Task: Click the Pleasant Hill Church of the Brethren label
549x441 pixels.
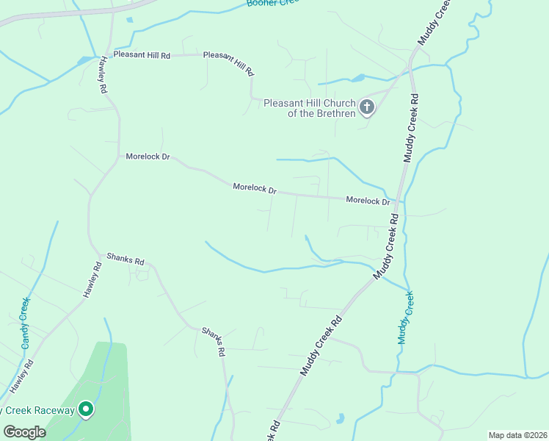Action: point(309,108)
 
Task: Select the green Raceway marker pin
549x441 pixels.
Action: point(86,409)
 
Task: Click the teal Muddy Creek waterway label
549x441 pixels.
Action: point(406,318)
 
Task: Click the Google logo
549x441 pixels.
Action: point(24,432)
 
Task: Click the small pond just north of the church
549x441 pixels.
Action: point(358,77)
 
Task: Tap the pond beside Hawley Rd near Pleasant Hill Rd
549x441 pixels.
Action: point(86,60)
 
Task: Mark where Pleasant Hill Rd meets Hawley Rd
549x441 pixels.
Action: point(110,55)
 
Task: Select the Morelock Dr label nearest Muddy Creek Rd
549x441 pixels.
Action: point(367,201)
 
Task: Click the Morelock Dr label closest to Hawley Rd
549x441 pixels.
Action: point(148,157)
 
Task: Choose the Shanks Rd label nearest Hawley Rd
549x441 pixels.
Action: point(126,259)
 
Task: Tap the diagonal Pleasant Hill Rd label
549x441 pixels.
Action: point(228,63)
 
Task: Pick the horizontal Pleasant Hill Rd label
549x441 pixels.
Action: point(142,55)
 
